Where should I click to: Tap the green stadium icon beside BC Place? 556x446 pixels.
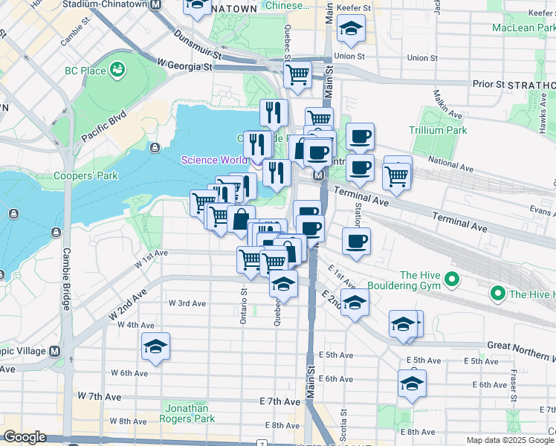[x=117, y=71]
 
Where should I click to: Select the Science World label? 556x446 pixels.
[x=214, y=160]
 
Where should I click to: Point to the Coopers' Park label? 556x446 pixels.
[x=86, y=176]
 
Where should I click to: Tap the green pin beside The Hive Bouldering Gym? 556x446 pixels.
[x=450, y=280]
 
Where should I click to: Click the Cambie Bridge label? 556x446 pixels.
[x=65, y=279]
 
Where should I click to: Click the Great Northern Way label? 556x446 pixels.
[x=521, y=345]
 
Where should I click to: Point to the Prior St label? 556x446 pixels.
[x=488, y=83]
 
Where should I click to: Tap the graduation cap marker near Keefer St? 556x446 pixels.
[x=351, y=29]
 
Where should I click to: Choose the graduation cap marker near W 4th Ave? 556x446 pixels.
[x=155, y=346]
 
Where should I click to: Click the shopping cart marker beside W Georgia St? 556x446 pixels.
[x=297, y=74]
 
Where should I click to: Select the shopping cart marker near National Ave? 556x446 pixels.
[x=397, y=175]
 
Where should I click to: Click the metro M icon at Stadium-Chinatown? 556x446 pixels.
[x=156, y=4]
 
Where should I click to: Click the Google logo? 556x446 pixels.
[x=25, y=437]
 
